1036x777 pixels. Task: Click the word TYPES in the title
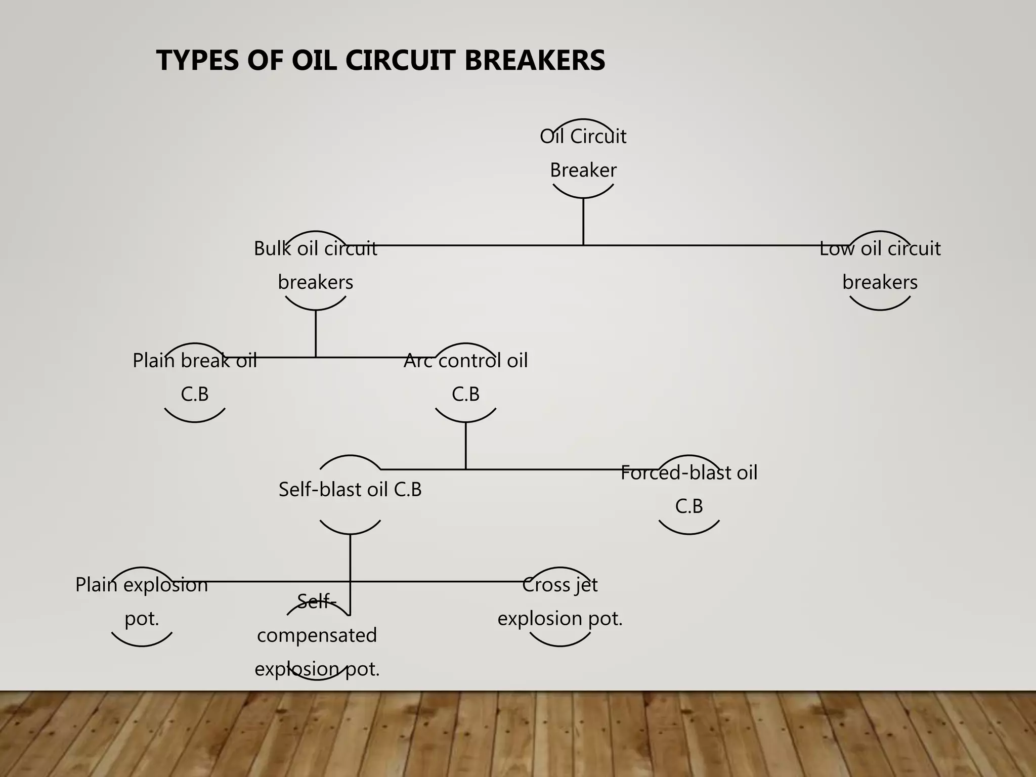(x=197, y=61)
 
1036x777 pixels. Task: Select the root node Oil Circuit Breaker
(x=583, y=153)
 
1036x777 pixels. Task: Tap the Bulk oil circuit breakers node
(x=316, y=265)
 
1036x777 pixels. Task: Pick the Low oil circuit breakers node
(x=880, y=265)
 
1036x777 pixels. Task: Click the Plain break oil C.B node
(x=195, y=377)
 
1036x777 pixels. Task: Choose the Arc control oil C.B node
(x=465, y=377)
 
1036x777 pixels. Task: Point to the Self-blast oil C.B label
(x=350, y=490)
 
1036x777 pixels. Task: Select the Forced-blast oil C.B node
(x=689, y=489)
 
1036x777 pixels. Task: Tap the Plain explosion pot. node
(x=142, y=601)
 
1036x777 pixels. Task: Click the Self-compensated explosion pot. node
(x=317, y=636)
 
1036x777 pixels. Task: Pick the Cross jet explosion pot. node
(x=560, y=601)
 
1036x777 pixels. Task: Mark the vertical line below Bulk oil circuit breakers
(x=316, y=334)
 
